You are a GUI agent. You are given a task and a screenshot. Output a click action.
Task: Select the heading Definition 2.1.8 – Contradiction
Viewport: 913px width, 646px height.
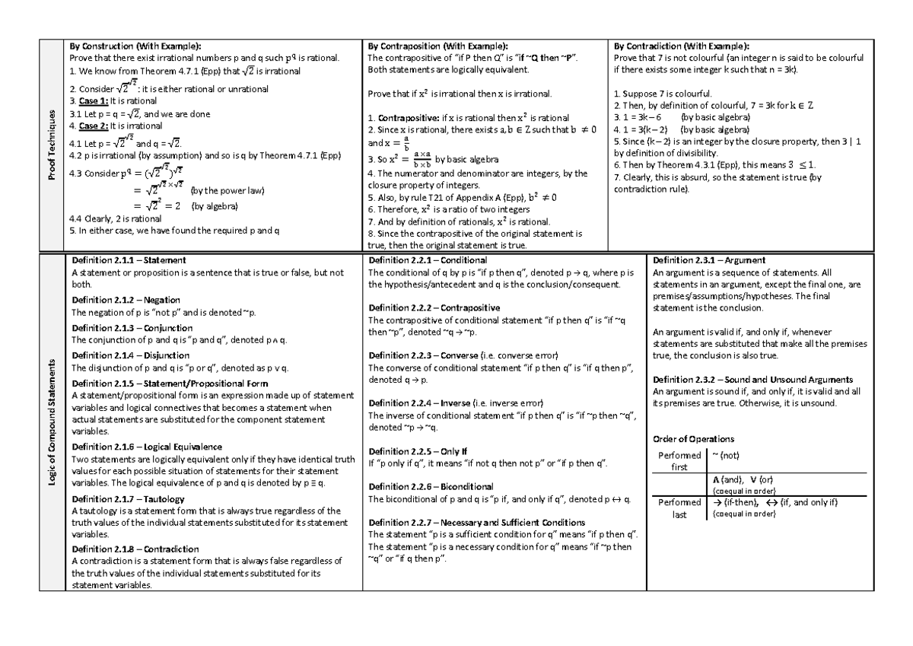pyautogui.click(x=135, y=549)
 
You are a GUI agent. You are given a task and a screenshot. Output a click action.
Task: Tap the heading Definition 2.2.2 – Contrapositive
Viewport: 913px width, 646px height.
pyautogui.click(x=434, y=308)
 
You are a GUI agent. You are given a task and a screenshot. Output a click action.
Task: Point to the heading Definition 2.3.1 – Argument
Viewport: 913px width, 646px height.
pyautogui.click(x=709, y=261)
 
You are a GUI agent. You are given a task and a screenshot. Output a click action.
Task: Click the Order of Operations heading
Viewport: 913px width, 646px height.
pyautogui.click(x=694, y=439)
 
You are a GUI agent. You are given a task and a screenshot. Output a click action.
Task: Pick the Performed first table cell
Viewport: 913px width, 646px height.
pyautogui.click(x=679, y=461)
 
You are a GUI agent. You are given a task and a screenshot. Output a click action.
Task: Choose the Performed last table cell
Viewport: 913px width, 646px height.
pyautogui.click(x=679, y=508)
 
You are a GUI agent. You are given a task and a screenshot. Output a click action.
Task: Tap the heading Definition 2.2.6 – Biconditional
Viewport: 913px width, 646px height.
pyautogui.click(x=431, y=486)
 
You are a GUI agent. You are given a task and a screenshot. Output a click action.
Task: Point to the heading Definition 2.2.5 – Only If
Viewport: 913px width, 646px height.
pyautogui.click(x=418, y=451)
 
